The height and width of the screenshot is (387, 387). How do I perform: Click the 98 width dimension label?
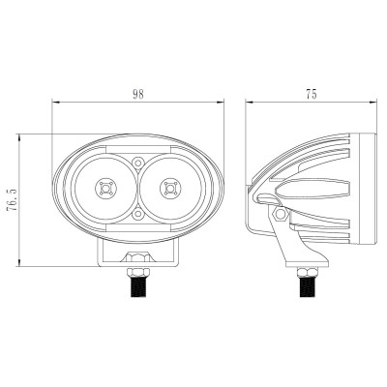(x=138, y=94)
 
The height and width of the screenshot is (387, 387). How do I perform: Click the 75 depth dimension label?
(x=312, y=94)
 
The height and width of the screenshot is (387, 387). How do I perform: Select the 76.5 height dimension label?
(x=13, y=200)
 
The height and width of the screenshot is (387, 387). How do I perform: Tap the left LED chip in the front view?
(x=105, y=188)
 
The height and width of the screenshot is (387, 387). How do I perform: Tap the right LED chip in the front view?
(x=170, y=188)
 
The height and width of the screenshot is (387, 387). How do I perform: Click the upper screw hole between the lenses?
(x=138, y=162)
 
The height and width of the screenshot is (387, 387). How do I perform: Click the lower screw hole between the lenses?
(x=138, y=214)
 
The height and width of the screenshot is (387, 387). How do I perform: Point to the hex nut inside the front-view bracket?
(x=138, y=257)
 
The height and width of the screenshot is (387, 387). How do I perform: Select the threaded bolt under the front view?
(x=138, y=286)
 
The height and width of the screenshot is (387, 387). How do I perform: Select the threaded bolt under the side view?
(x=307, y=286)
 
